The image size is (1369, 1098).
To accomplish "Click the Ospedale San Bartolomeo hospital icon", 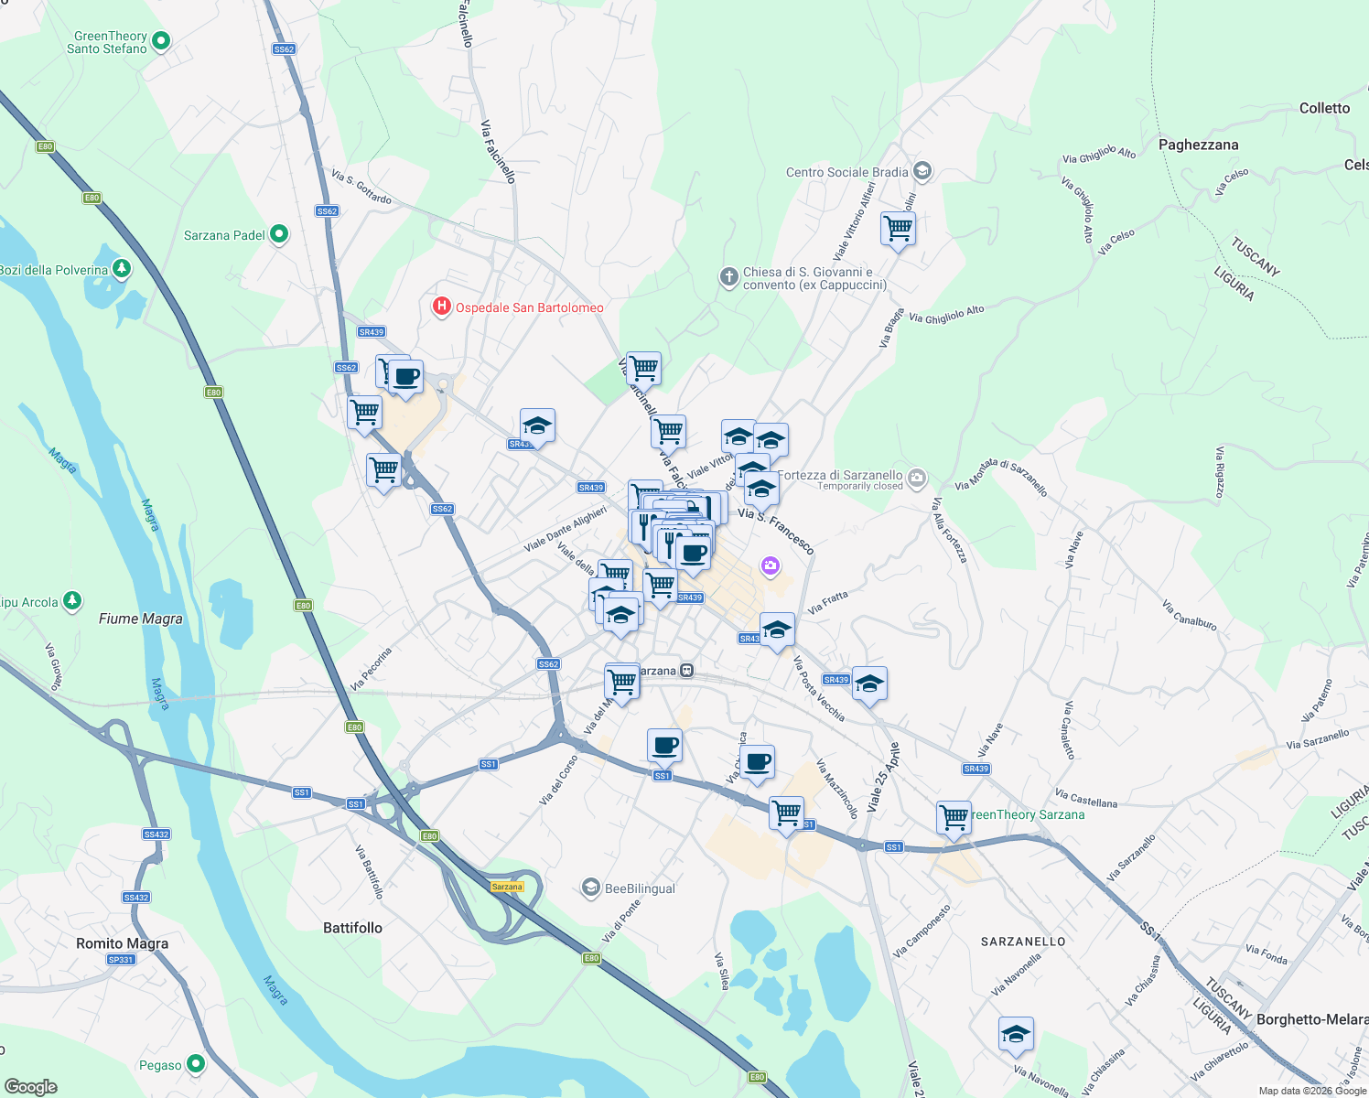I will [442, 307].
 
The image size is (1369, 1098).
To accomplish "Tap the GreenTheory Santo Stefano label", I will [108, 42].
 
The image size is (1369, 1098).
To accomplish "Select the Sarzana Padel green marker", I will [279, 235].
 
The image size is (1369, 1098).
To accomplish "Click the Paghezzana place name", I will [1198, 145].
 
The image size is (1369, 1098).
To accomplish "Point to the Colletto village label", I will [1324, 108].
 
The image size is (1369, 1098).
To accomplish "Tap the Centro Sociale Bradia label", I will [846, 172].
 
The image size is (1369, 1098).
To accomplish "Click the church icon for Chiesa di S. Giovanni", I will [728, 277].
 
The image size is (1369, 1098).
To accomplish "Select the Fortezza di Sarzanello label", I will [841, 475].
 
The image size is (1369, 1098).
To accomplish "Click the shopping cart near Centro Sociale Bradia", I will [898, 229].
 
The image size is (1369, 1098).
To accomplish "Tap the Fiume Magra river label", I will [141, 619].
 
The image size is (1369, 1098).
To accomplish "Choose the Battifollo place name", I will [352, 928].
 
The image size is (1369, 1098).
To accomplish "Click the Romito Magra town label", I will [123, 943].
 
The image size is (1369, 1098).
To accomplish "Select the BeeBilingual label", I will [640, 888].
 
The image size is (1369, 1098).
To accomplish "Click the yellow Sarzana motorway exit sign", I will [507, 887].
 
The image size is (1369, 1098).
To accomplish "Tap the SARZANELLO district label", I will [1023, 942].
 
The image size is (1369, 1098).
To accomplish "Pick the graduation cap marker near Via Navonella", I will [1016, 1035].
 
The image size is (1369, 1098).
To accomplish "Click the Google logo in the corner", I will [30, 1086].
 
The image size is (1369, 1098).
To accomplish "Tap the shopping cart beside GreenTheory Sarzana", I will [954, 817].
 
